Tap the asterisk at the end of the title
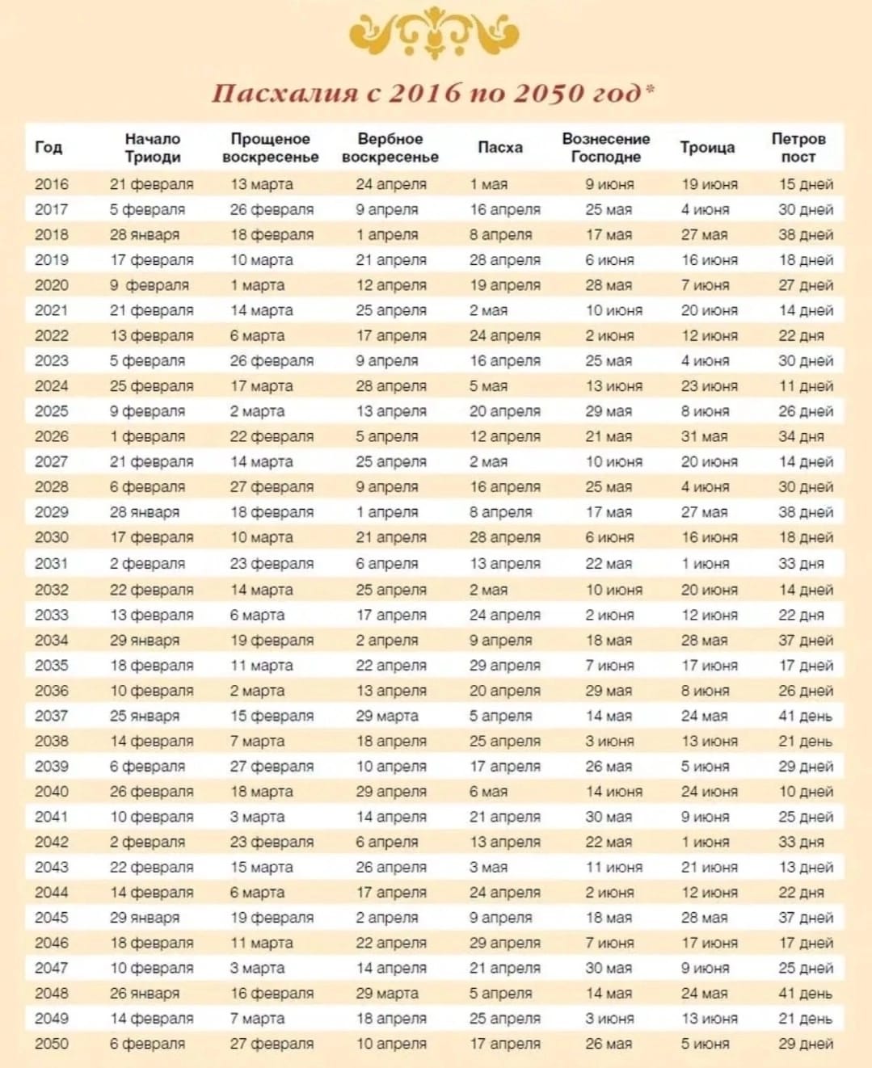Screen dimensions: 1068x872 650,86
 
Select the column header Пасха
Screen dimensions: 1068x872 500,147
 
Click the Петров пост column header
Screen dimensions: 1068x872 798,147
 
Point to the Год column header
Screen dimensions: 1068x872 48,147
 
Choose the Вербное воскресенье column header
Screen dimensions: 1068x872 390,147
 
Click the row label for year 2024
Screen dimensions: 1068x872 52,386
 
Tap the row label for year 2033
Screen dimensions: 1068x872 52,615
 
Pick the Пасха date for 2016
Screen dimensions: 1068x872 489,184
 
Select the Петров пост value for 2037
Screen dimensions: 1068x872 805,716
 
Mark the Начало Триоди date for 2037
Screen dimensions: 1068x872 145,716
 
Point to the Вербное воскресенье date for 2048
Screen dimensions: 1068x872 387,994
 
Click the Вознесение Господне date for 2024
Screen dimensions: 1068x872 613,386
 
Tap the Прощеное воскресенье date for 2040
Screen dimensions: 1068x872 261,792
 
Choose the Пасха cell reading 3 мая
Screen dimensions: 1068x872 489,868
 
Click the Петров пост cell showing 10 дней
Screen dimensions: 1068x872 805,792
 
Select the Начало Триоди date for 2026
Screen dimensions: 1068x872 147,436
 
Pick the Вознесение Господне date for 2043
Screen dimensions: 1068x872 613,868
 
